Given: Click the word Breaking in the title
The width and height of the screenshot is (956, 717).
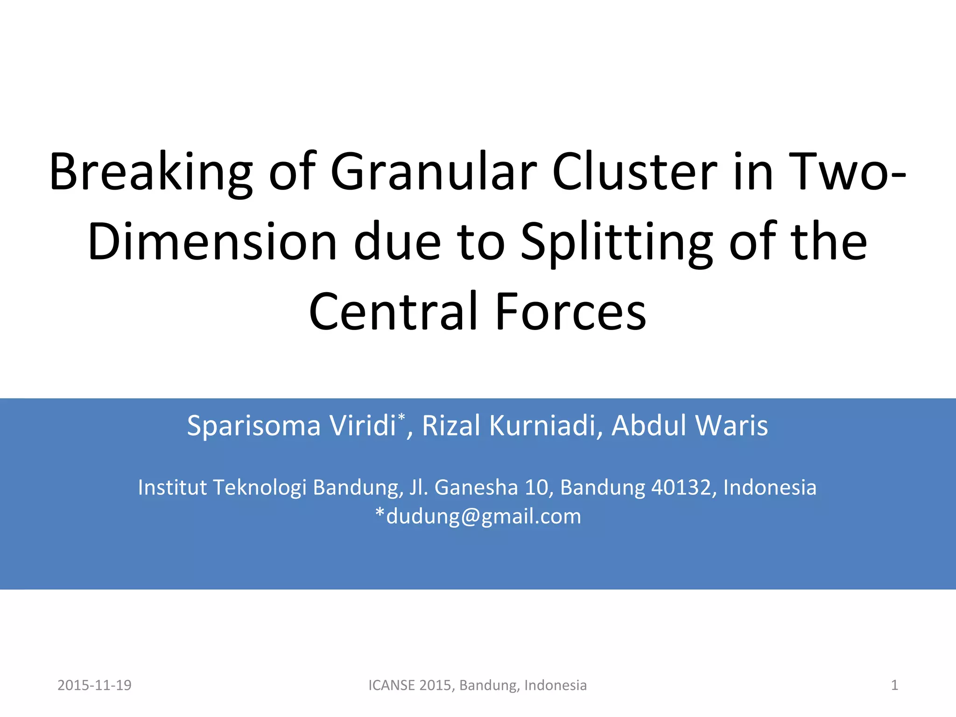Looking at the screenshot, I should point(151,173).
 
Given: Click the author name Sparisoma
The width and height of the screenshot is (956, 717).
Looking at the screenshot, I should point(254,426).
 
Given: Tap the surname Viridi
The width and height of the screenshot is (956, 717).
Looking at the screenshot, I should point(362,425).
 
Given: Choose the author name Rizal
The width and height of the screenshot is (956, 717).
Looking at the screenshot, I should point(451,425).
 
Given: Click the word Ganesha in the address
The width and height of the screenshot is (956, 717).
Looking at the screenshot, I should point(476,487).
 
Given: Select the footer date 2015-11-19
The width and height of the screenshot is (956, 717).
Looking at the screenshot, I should point(94,685).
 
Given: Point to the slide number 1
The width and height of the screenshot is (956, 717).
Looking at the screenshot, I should point(894,685).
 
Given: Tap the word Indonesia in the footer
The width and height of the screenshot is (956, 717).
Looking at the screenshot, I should point(555,685).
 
